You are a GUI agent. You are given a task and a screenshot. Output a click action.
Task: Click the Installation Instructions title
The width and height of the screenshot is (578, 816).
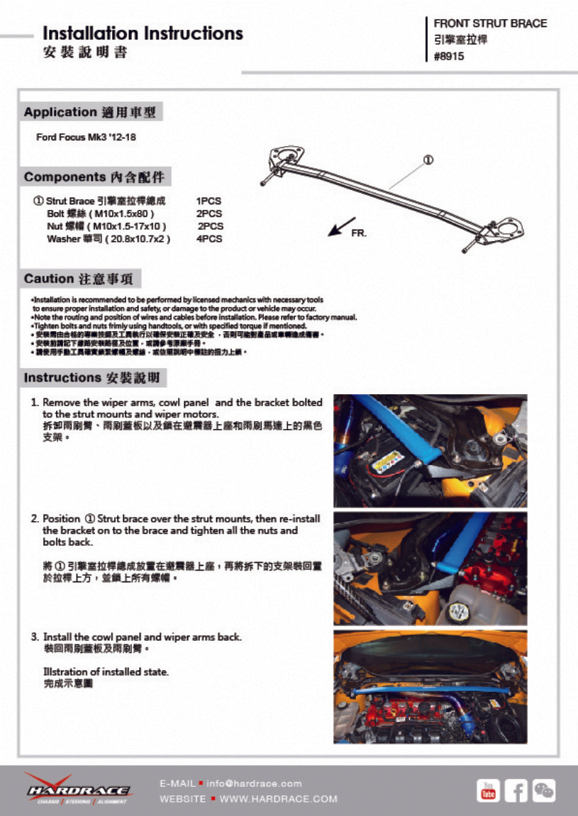tap(143, 33)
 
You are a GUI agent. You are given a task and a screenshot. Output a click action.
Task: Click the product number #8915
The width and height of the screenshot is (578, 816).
tap(449, 57)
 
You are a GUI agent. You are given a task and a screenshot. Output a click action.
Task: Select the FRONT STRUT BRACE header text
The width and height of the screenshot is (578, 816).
tap(490, 23)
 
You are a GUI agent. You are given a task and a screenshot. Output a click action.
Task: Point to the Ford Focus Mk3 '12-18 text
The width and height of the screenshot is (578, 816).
tap(86, 137)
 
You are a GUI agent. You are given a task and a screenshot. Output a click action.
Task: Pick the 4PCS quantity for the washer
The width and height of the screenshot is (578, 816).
tap(209, 239)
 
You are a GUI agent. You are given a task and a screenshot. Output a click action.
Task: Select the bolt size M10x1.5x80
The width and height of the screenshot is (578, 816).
tap(124, 213)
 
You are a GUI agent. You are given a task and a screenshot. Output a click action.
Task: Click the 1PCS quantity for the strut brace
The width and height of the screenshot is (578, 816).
tap(209, 201)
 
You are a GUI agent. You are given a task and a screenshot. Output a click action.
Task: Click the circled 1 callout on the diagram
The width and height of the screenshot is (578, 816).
tap(428, 160)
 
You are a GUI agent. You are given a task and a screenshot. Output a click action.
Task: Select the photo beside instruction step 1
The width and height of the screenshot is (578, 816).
tap(430, 451)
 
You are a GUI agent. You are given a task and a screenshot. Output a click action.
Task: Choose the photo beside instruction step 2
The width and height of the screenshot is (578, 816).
tap(430, 569)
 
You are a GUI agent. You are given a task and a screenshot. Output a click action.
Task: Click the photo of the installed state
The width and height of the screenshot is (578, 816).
tap(430, 686)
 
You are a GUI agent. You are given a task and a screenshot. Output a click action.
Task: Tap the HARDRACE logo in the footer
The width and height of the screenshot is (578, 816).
tap(78, 789)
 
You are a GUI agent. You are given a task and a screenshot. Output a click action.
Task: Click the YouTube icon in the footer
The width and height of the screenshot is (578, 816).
tap(488, 790)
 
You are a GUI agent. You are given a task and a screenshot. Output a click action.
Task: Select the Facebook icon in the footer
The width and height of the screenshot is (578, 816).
tap(516, 790)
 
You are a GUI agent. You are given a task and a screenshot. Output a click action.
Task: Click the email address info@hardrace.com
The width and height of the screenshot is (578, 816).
tap(254, 783)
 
